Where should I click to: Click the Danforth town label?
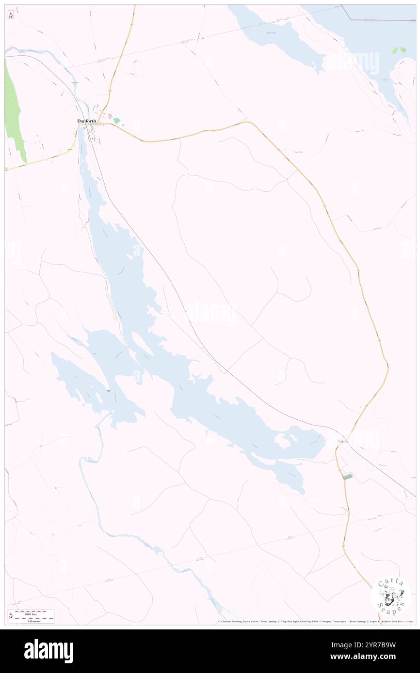[87, 121]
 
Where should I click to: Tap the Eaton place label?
[344, 442]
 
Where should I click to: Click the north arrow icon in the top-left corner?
[11, 15]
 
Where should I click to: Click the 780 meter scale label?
[33, 620]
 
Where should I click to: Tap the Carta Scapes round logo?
[391, 596]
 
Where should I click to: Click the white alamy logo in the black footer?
[48, 651]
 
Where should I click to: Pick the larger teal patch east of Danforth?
[116, 121]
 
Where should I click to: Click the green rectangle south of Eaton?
[347, 477]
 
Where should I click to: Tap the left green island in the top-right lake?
[395, 50]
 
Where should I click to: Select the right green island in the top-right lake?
[403, 50]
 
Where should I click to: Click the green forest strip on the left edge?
[15, 116]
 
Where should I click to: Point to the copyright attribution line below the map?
[315, 622]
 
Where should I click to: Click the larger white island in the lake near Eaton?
[281, 441]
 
